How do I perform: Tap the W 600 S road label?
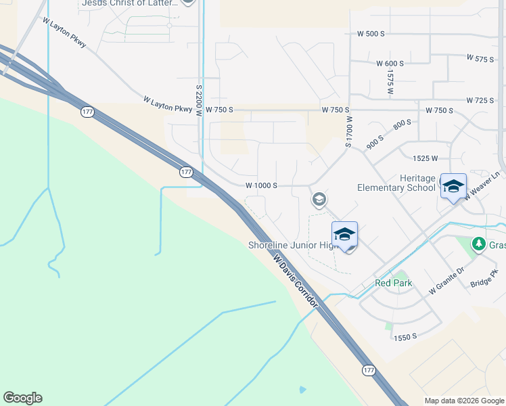[390, 63]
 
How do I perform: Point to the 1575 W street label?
[391, 82]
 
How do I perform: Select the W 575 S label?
[480, 59]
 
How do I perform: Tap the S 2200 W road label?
[199, 101]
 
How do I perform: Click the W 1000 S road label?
[261, 185]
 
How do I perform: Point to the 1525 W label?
[425, 158]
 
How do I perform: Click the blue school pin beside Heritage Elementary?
[453, 187]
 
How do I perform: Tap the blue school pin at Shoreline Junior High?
[344, 235]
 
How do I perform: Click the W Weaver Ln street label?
[482, 185]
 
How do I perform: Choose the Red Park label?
[393, 283]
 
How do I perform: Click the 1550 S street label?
[405, 337]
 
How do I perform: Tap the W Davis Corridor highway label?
[295, 281]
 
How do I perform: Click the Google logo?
[22, 398]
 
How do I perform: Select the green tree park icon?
[479, 243]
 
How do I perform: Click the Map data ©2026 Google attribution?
[464, 401]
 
